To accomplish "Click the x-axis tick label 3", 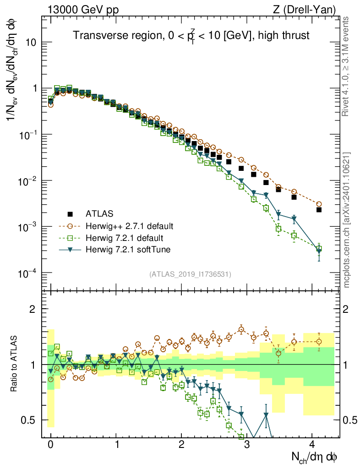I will click(247, 445).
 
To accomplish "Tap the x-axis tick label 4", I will click(312, 445).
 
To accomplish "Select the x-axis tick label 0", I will click(51, 445).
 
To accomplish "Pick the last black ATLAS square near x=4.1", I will click(319, 210).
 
